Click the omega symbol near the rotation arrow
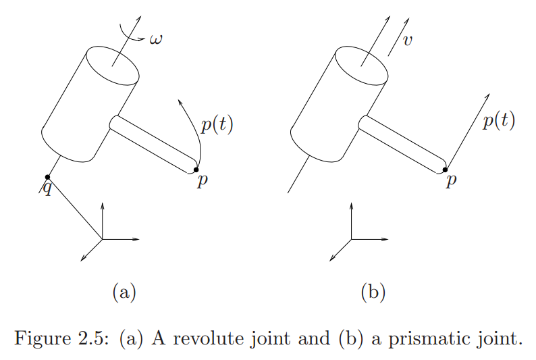[156, 39]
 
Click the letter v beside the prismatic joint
[407, 41]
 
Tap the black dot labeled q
[47, 177]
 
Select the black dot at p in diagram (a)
[196, 170]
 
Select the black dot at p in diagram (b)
[445, 170]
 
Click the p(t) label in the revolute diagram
[217, 125]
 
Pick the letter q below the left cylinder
[47, 188]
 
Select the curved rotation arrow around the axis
[129, 35]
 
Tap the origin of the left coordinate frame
[102, 239]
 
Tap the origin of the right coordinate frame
[351, 239]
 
